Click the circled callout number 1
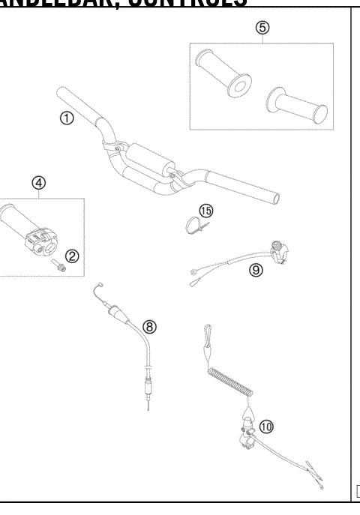pyautogui.click(x=67, y=118)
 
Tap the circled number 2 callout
pyautogui.click(x=73, y=256)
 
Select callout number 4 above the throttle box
pyautogui.click(x=38, y=182)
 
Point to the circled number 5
pyautogui.click(x=262, y=27)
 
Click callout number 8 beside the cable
pyautogui.click(x=150, y=326)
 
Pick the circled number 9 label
pyautogui.click(x=256, y=271)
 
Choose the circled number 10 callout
pyautogui.click(x=266, y=426)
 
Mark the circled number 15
pyautogui.click(x=206, y=211)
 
